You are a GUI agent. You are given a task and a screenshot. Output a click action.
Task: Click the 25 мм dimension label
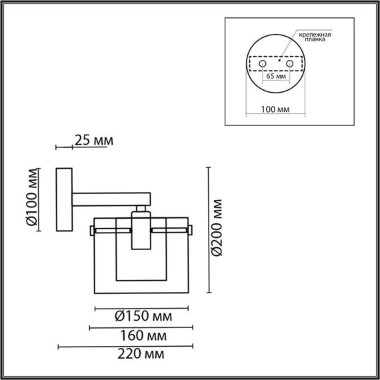click(94, 141)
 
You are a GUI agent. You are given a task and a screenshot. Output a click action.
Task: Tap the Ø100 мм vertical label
click(30, 199)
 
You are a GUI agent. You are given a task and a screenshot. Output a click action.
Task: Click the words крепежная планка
click(315, 35)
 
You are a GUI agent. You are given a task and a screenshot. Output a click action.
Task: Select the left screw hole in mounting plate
click(262, 63)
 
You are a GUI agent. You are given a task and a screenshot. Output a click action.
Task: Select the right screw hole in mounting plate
click(289, 63)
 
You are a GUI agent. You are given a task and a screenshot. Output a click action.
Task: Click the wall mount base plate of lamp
click(64, 200)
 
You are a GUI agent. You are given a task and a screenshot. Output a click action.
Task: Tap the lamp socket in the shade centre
click(140, 230)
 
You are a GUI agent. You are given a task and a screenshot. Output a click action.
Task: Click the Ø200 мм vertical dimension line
click(209, 229)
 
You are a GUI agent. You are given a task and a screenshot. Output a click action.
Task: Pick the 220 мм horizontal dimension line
click(127, 347)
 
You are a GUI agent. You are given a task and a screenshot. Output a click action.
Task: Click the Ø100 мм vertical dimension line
click(43, 200)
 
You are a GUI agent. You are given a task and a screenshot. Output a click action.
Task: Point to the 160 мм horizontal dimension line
click(141, 327)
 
